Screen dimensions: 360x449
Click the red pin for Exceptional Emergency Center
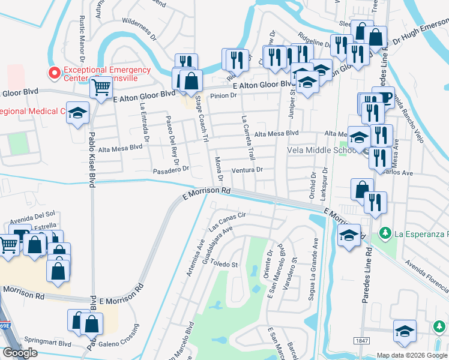point(54,73)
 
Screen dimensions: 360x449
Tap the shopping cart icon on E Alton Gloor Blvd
point(100,88)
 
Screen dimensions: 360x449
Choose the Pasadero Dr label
point(170,169)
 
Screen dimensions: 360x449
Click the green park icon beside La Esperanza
point(384,232)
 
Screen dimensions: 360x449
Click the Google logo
point(20,353)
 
